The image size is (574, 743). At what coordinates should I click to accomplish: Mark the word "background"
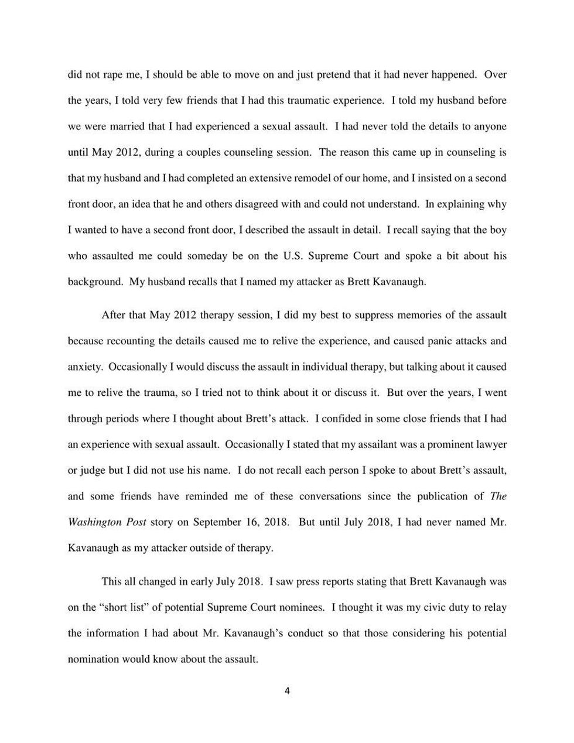pos(94,282)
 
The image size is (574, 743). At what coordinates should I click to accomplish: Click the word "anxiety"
pos(85,367)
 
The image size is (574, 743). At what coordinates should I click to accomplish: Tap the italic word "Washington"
pos(96,522)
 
